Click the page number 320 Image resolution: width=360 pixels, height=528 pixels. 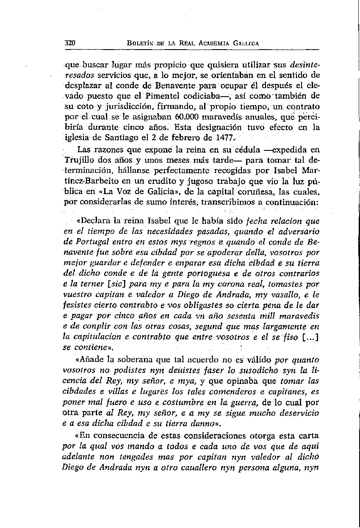[70, 43]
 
